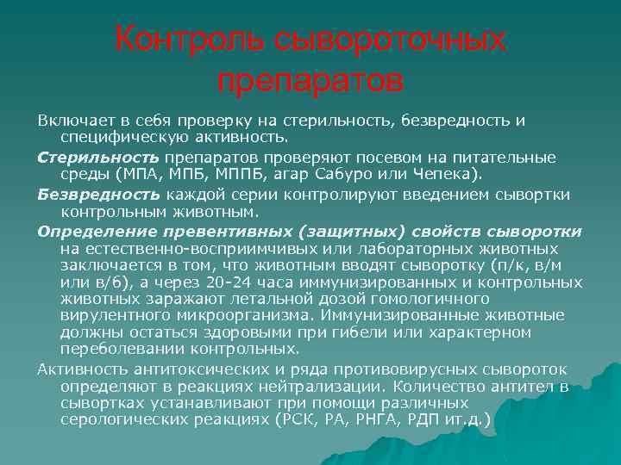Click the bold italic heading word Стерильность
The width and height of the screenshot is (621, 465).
[85, 158]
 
